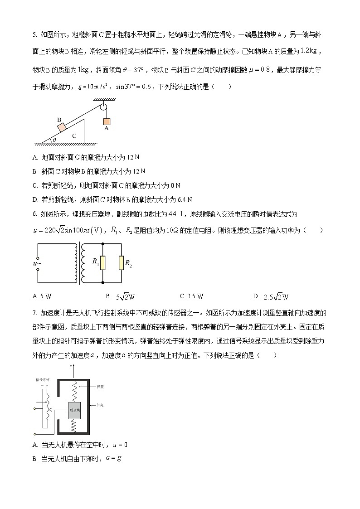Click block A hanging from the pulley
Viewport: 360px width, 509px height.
(107, 121)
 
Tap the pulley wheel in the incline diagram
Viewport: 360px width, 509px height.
(104, 108)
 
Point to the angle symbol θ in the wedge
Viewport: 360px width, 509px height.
(54, 140)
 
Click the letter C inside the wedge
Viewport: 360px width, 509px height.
(75, 136)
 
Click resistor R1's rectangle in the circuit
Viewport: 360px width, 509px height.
(103, 262)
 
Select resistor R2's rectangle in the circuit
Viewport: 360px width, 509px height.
(121, 262)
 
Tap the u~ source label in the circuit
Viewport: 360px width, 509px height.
(38, 263)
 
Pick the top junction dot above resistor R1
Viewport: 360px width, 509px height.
(103, 243)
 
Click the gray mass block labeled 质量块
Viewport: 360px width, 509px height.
(75, 410)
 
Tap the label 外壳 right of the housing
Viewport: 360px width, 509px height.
(99, 405)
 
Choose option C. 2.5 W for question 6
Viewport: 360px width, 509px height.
(192, 296)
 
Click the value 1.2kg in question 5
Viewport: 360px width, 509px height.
(310, 51)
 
